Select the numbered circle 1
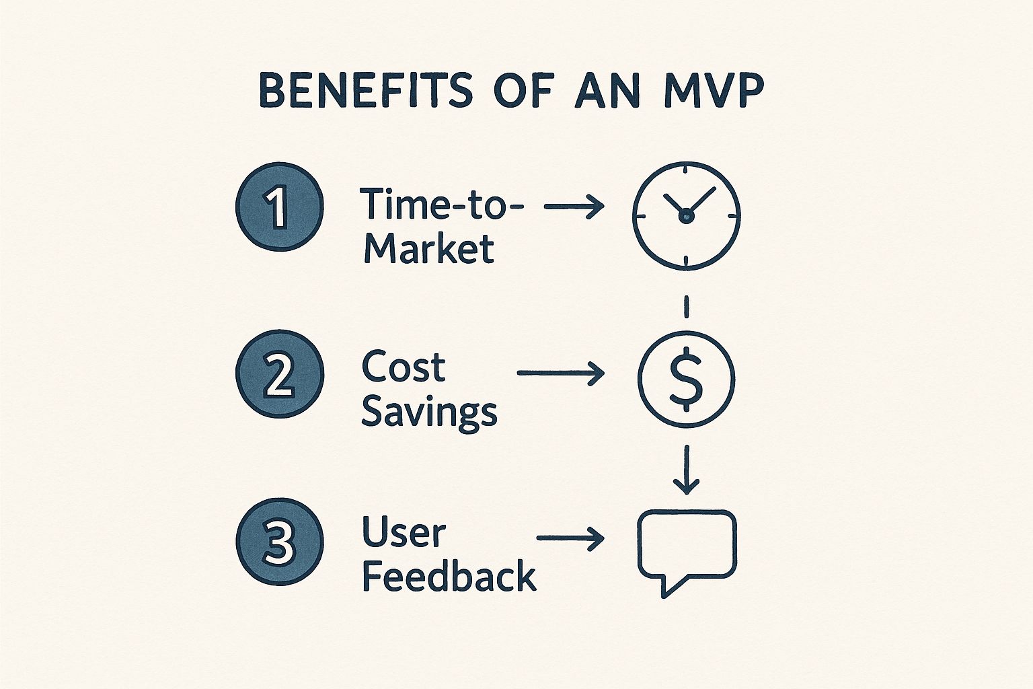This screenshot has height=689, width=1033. pos(280,207)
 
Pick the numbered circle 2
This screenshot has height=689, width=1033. pos(280,375)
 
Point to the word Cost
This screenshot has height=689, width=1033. pos(404,367)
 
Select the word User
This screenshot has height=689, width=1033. pos(404,532)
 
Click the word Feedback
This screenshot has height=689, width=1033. pos(449,577)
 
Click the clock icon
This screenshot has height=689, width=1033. pos(686,215)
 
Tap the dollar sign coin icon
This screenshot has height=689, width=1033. pos(686,379)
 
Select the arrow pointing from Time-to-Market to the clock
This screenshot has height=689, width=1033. pos(574,207)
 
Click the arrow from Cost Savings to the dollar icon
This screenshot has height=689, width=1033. pos(561,373)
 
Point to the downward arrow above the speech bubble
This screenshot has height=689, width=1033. pos(686,469)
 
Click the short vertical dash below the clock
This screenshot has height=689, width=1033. pos(686,306)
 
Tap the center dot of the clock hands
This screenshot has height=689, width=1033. pos(686,216)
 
